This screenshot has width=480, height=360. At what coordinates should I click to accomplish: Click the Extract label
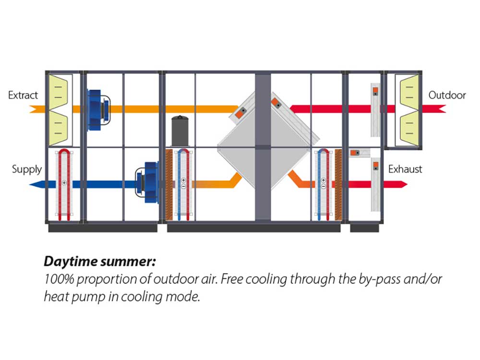tap(23, 95)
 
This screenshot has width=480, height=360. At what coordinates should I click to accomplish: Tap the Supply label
tap(26, 169)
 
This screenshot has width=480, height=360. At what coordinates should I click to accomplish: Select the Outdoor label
tap(447, 95)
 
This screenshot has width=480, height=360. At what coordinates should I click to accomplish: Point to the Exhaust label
tap(405, 169)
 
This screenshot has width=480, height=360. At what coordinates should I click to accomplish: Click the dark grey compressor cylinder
tap(180, 130)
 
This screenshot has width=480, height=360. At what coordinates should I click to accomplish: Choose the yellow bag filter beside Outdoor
tap(408, 110)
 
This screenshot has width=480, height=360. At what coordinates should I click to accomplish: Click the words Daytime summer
tap(100, 262)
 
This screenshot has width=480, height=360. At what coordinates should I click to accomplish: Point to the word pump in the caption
tap(81, 296)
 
